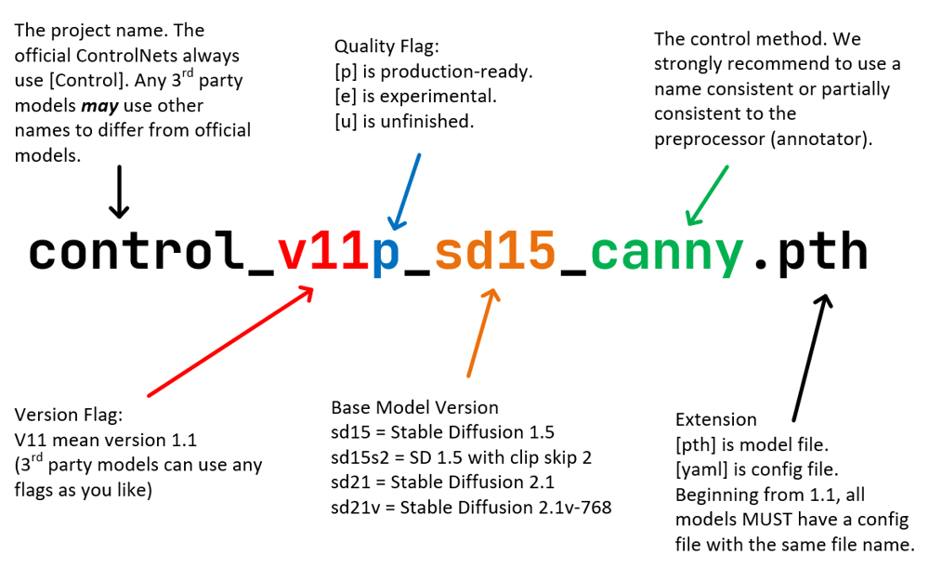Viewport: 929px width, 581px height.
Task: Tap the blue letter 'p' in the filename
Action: click(x=386, y=254)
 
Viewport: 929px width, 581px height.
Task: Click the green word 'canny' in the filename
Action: click(x=667, y=254)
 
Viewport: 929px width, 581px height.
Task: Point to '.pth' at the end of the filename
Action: click(x=808, y=253)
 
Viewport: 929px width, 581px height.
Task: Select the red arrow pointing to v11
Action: click(x=230, y=341)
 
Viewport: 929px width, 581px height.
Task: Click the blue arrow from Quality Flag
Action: click(x=408, y=191)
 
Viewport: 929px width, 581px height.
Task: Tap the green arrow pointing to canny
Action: click(x=707, y=195)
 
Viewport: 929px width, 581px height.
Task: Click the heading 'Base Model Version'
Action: click(x=414, y=408)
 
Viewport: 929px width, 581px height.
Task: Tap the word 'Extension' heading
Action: click(x=715, y=419)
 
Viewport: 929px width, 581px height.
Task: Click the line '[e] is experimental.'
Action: click(x=416, y=97)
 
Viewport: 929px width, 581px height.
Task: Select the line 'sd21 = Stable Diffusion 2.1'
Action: click(x=442, y=482)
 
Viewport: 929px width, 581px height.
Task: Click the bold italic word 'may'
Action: click(x=102, y=105)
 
